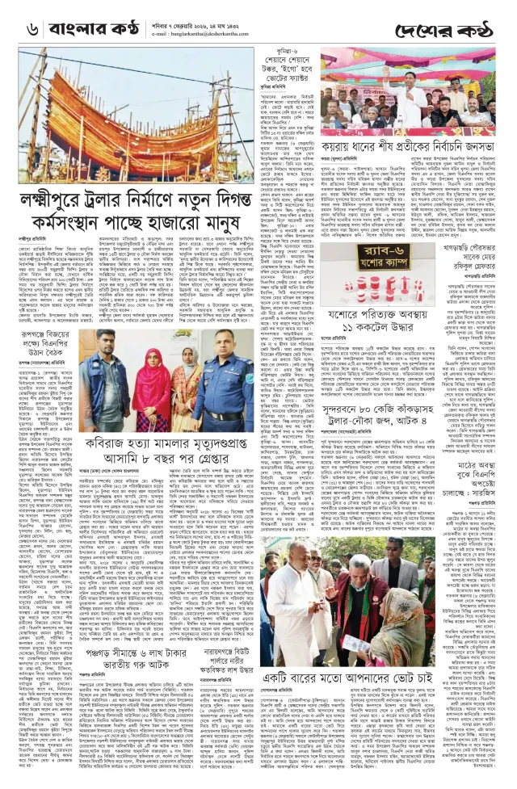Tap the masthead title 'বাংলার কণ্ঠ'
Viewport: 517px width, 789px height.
[87, 29]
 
